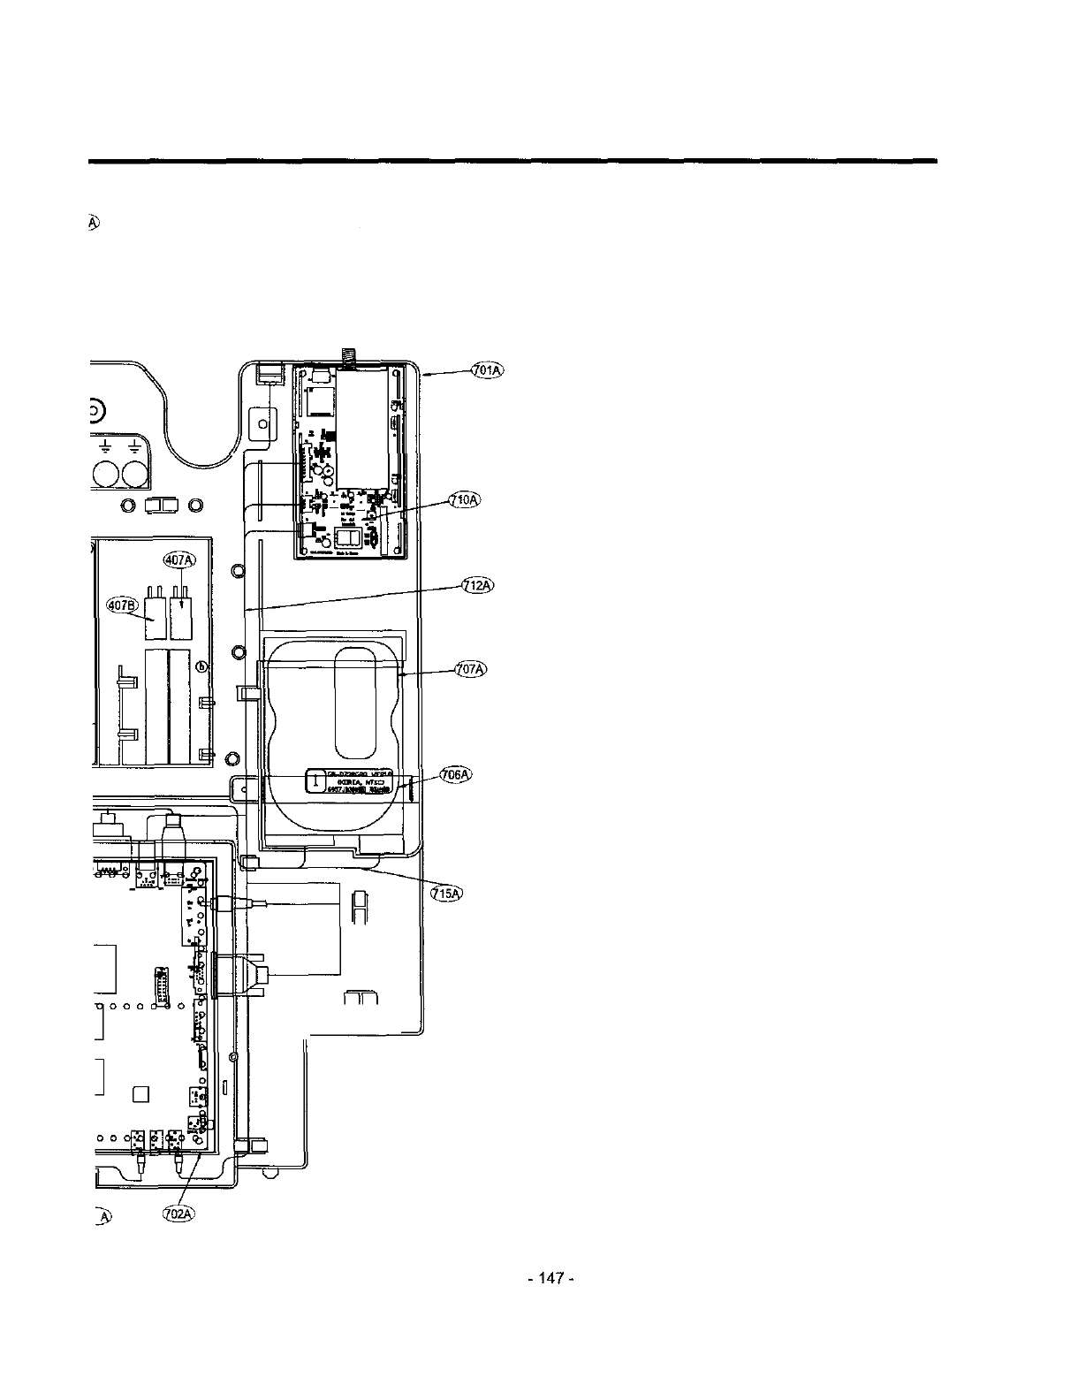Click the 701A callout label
point(487,370)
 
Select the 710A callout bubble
point(463,500)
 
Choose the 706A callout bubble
point(456,774)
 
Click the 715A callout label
point(445,894)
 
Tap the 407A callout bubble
point(179,559)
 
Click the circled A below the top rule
point(92,224)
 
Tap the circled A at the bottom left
point(104,1215)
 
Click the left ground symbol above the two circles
point(106,445)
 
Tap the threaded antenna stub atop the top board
point(346,356)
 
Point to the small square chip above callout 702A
point(140,1094)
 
